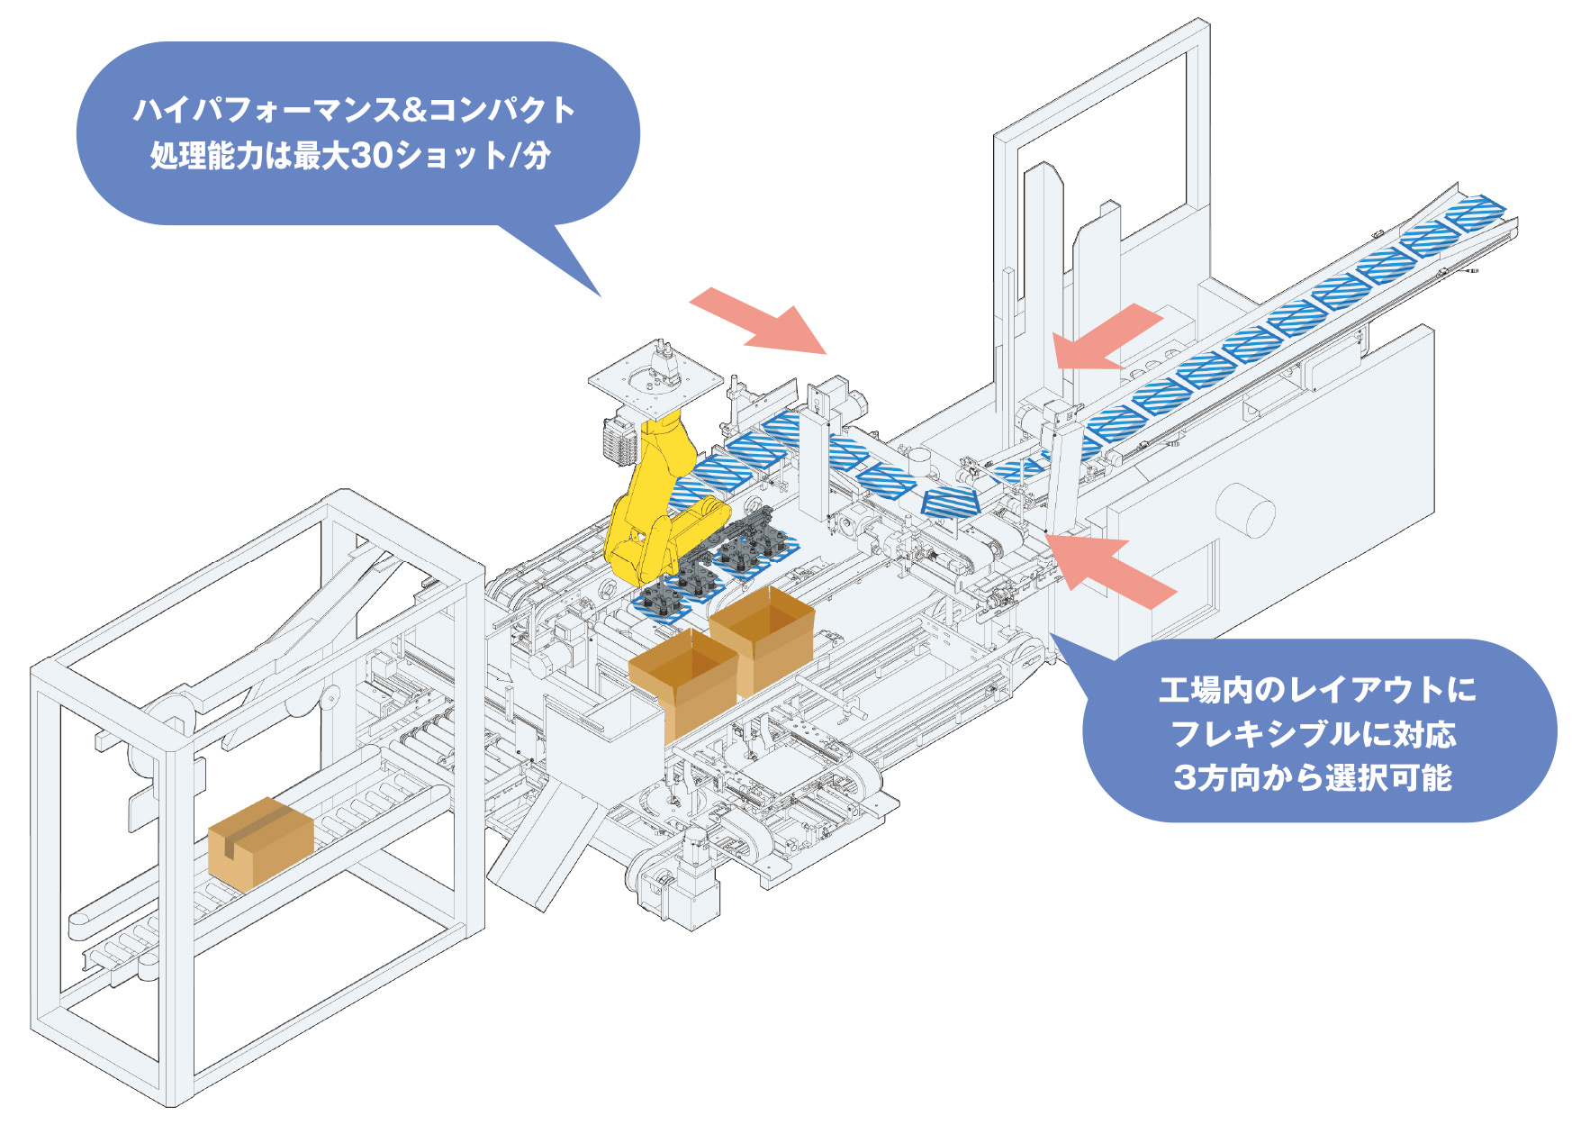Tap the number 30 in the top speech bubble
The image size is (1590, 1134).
click(x=371, y=156)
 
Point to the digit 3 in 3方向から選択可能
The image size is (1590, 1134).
click(x=1185, y=777)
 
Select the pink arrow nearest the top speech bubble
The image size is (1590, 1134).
click(x=758, y=320)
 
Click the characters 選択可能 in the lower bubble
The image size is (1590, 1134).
click(x=1388, y=777)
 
